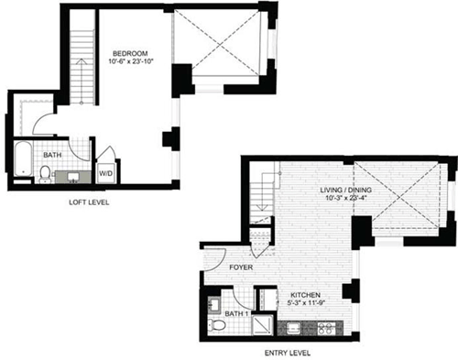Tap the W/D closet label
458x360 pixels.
coord(105,170)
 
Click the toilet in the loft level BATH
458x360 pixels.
coord(46,172)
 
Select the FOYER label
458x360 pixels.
coord(241,269)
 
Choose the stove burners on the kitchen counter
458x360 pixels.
coord(323,326)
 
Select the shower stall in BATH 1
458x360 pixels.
coord(264,325)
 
